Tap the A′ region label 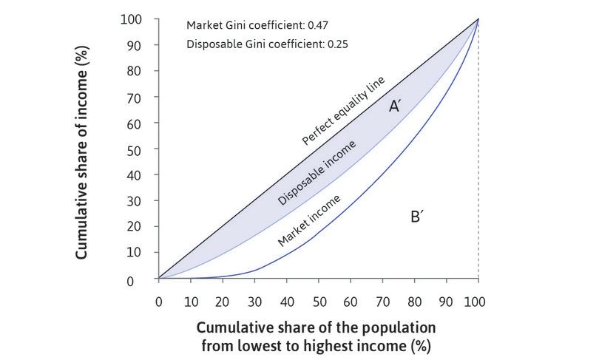point(395,107)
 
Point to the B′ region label point(416,217)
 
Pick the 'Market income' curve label point(309,220)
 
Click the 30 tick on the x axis point(254,302)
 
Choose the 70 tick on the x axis point(382,302)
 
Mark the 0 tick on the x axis point(158,302)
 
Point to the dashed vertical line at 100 point(478,185)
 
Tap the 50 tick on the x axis point(319,302)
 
